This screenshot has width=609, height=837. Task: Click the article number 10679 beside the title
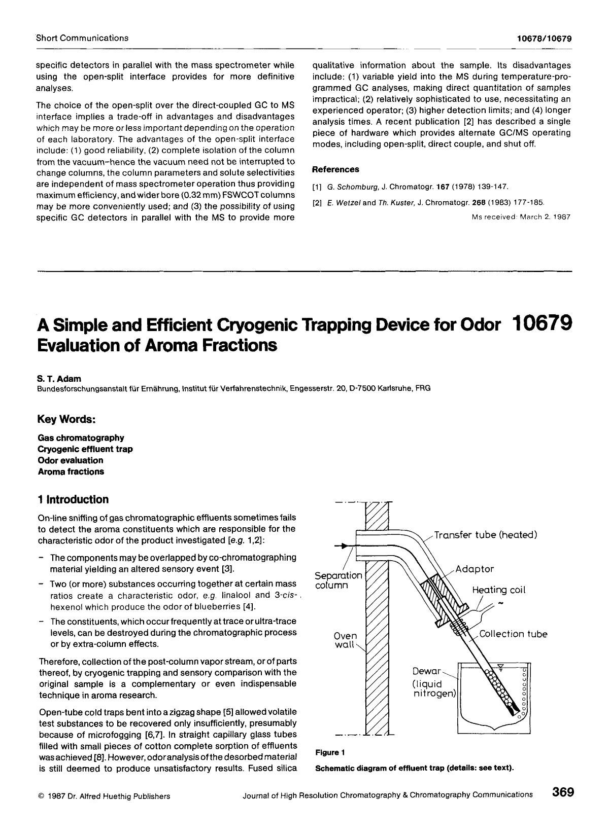(x=542, y=322)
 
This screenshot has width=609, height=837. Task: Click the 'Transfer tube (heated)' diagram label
(x=485, y=535)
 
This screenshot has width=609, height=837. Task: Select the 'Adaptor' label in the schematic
(x=474, y=569)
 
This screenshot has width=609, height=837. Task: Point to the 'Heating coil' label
(x=498, y=590)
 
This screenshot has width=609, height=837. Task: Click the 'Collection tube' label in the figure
(x=513, y=634)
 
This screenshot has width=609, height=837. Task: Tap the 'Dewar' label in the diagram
(x=427, y=671)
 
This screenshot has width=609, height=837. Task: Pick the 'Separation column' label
(x=338, y=580)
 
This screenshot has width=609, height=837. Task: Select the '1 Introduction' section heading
(x=73, y=499)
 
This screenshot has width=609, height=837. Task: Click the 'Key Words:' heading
(x=66, y=420)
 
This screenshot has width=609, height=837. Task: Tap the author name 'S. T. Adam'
(x=58, y=378)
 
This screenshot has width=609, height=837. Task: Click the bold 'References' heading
(x=335, y=169)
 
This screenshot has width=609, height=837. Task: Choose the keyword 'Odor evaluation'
(x=70, y=460)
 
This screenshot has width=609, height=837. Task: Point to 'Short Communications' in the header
(x=82, y=38)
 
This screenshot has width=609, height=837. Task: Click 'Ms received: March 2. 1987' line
(x=521, y=217)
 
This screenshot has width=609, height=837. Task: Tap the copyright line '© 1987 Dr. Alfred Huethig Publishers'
(x=104, y=796)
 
